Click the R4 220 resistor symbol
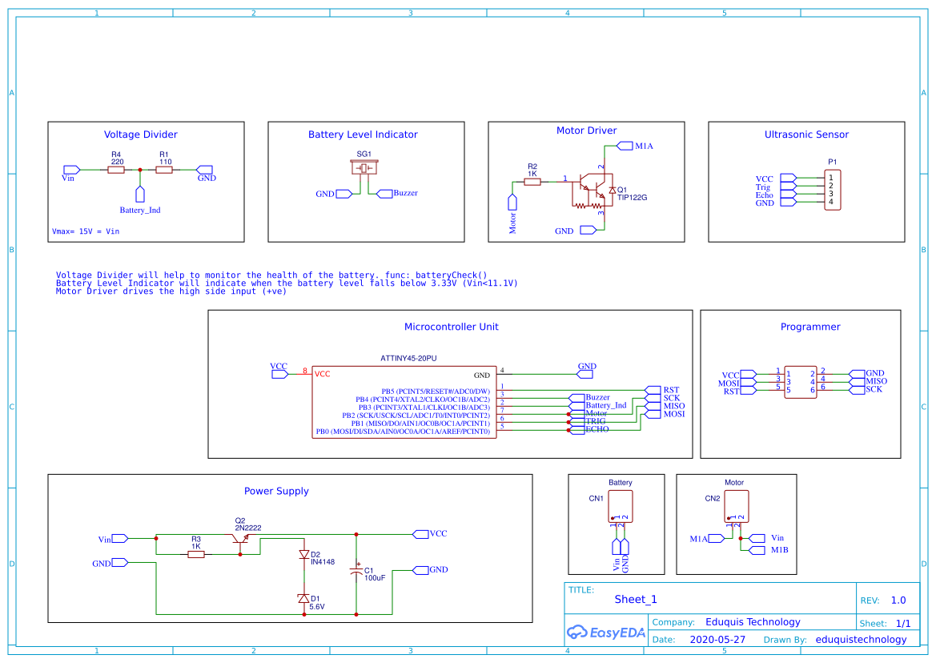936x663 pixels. pos(117,170)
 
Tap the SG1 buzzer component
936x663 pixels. pos(364,168)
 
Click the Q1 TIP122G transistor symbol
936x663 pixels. pos(593,190)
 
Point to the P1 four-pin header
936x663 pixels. pos(833,190)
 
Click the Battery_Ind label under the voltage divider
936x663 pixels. pos(140,210)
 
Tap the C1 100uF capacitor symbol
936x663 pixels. pos(356,572)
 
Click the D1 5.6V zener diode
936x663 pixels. pos(303,598)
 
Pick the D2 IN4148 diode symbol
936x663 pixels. pos(303,554)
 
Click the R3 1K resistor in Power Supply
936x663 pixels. pos(196,554)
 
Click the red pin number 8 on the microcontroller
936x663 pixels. pos(305,372)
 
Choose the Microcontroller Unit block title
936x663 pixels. pos(451,327)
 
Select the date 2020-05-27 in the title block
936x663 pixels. pos(717,640)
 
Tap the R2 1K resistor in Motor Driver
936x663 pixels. pos(532,182)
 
